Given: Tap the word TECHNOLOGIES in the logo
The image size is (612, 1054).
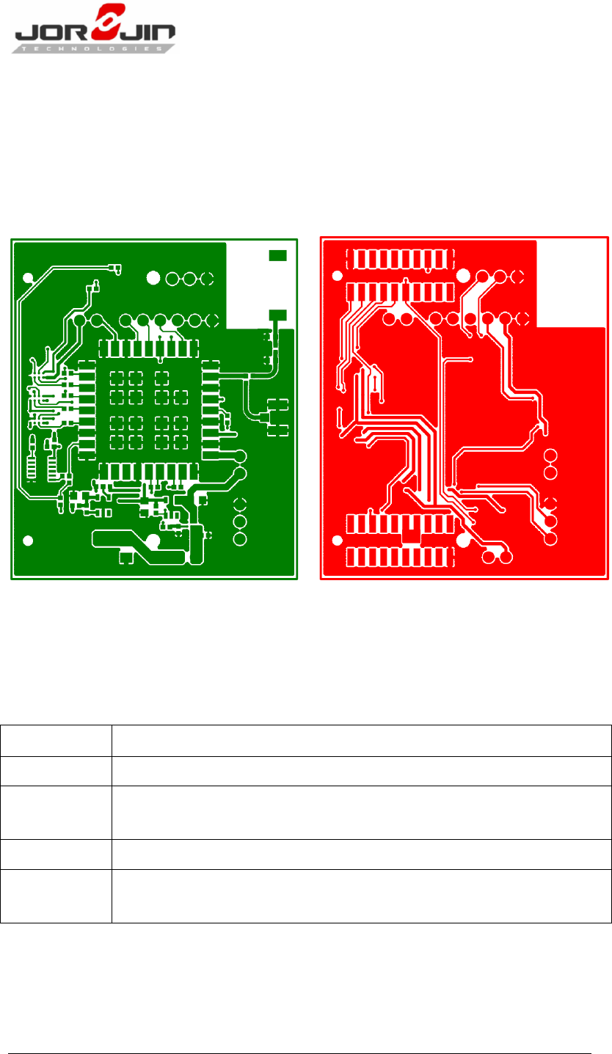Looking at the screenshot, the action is (95, 48).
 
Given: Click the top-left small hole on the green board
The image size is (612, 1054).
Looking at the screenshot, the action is (29, 278).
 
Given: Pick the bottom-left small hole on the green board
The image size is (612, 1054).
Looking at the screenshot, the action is (29, 541).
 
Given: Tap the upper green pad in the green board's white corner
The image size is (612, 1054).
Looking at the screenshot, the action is (277, 255).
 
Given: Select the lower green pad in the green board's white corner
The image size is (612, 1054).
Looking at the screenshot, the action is (277, 315).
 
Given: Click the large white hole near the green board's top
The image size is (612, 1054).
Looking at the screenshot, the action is (153, 278).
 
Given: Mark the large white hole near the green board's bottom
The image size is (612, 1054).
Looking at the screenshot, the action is (153, 541).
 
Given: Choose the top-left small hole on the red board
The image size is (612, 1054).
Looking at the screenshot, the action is (338, 277).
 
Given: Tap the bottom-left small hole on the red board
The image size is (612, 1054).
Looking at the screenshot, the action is (338, 541).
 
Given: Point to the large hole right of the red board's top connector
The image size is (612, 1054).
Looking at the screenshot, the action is (464, 277).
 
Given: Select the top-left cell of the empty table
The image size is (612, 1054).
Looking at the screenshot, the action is (56, 741).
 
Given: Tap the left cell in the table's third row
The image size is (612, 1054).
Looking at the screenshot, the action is (56, 813).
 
